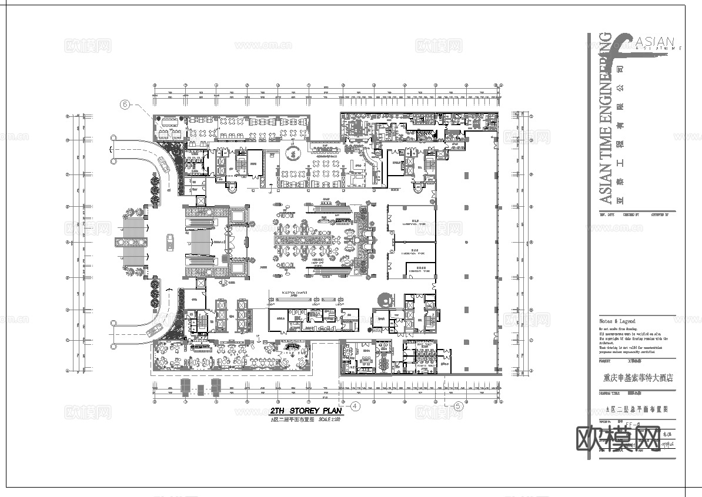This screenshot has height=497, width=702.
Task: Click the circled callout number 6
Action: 125,105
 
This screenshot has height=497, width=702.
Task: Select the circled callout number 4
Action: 355,405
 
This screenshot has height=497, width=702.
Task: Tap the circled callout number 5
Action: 459,405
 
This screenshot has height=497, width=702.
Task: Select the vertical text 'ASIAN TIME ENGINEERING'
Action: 606,117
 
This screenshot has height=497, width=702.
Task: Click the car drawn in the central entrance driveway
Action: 169,242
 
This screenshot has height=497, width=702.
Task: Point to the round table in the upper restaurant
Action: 290,153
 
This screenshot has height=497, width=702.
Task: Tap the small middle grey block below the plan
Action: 200,389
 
